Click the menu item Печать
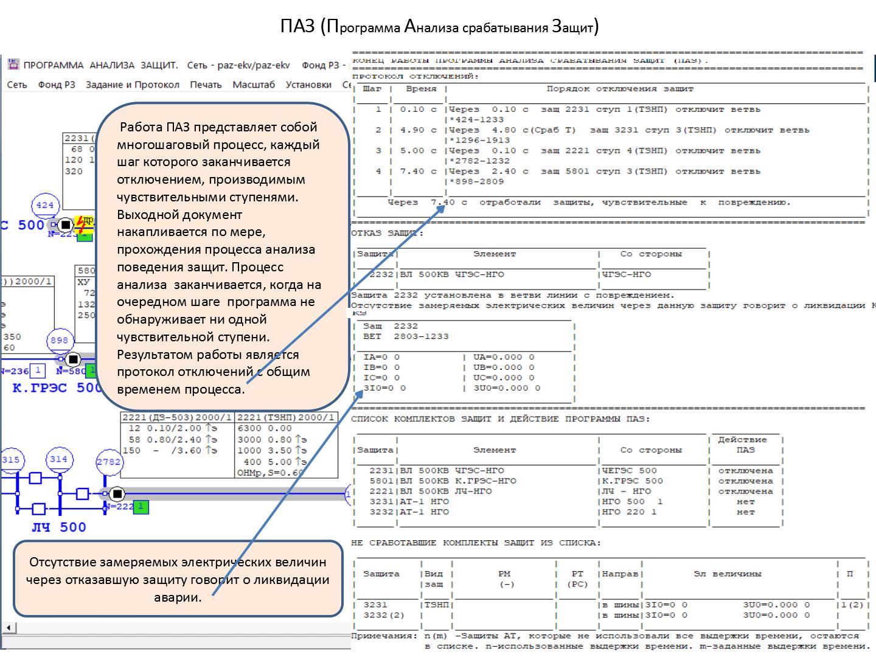click(206, 85)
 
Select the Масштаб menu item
click(254, 85)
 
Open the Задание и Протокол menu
click(133, 85)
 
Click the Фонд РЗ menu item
click(57, 85)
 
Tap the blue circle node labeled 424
click(45, 205)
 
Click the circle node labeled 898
click(59, 340)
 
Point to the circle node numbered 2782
click(109, 462)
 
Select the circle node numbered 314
click(58, 459)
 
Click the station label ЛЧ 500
click(59, 527)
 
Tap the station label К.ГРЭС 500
click(56, 388)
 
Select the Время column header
click(421, 89)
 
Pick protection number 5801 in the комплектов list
click(381, 481)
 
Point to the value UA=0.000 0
click(504, 357)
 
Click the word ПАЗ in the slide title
click(297, 27)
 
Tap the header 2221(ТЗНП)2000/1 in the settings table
click(286, 417)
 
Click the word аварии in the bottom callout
click(178, 597)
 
